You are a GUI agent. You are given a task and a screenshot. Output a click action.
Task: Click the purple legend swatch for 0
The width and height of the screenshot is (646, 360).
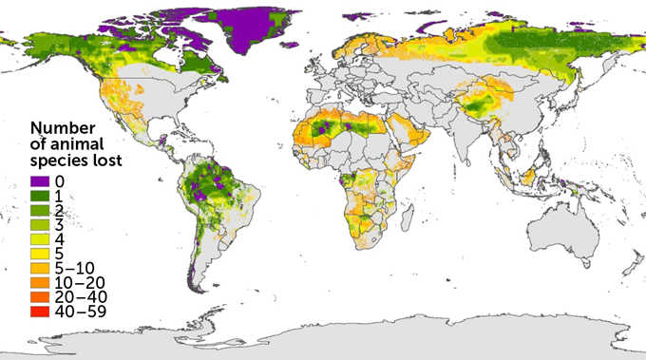point(40,180)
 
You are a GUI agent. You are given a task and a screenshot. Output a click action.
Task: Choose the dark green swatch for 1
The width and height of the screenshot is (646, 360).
point(40,194)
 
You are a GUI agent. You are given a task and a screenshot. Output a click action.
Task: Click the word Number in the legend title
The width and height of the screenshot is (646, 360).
point(62,127)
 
